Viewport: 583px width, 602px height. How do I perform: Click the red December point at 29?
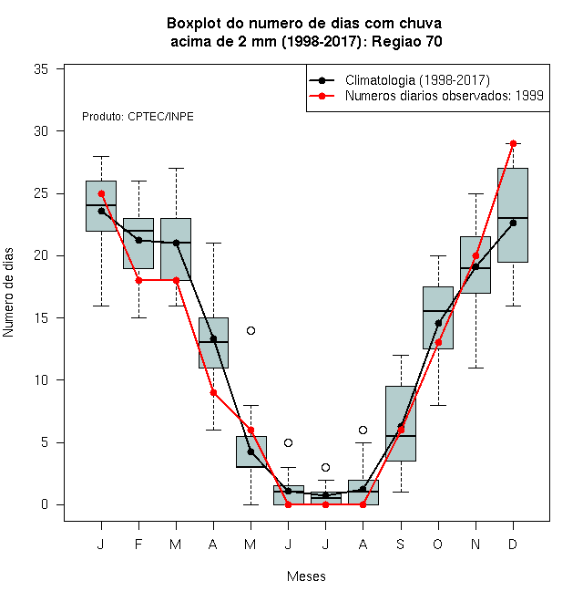513,143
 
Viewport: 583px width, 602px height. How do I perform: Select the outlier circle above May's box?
251,330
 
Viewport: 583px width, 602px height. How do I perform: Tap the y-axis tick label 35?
41,69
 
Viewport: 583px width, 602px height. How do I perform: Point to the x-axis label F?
138,544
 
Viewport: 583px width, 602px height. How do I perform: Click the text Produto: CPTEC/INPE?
138,117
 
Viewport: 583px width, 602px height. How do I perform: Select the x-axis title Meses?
306,576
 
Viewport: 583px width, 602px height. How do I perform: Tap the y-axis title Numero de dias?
8,293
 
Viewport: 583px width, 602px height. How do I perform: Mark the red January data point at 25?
101,194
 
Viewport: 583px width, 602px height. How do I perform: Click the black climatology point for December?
513,223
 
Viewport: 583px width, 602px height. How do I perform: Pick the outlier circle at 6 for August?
363,430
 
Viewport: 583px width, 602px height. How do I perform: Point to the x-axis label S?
401,544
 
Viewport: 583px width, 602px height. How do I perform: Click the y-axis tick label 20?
41,255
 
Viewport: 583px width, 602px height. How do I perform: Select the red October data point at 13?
438,342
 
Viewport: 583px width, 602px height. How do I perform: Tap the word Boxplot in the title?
194,24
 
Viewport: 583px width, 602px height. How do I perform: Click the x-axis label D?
513,544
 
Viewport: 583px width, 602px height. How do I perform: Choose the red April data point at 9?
214,393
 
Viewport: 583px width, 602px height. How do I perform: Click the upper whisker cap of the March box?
176,168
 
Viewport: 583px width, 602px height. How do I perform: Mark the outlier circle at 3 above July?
325,467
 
